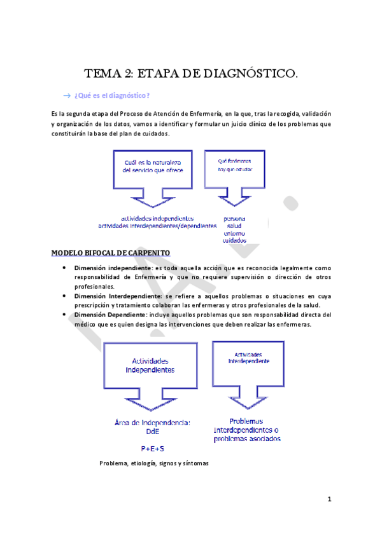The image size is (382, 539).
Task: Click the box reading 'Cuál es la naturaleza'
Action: tap(152, 167)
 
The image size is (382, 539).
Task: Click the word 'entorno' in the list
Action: tap(234, 233)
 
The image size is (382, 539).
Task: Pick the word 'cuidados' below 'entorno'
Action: tap(234, 241)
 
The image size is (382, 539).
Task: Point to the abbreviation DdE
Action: tap(152, 430)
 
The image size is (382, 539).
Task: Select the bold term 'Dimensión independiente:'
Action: tap(113, 269)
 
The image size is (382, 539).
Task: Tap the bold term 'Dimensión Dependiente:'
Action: tap(111, 315)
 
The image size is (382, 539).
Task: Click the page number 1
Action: tap(330, 499)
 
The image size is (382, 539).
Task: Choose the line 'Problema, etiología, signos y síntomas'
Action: tap(154, 463)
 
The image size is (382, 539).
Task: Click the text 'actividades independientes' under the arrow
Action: tap(157, 218)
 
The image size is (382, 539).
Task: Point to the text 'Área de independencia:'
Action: tap(152, 422)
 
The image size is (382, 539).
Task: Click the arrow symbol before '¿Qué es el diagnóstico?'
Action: tap(67, 95)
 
